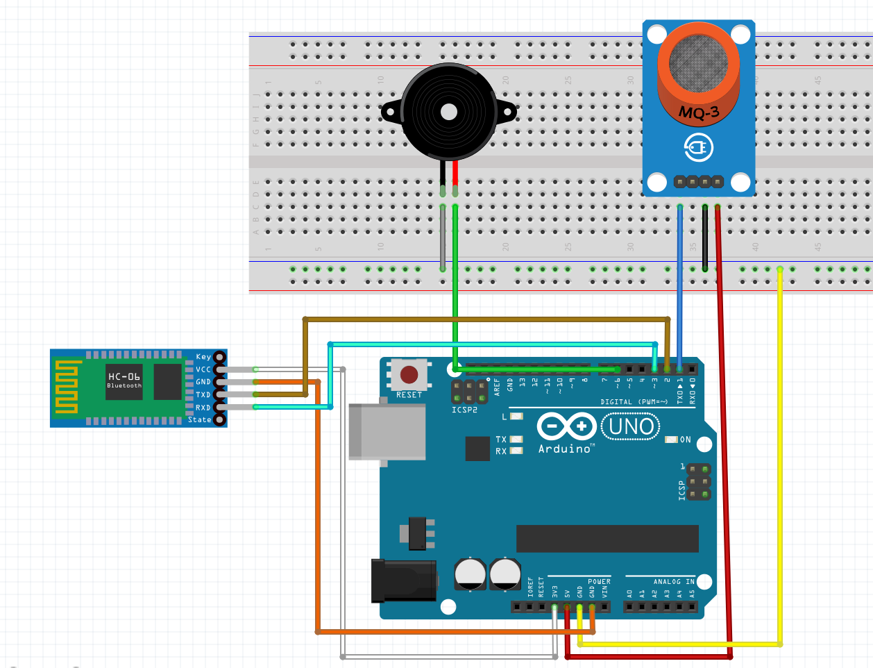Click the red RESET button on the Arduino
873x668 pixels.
click(409, 375)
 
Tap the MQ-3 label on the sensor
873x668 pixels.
click(699, 112)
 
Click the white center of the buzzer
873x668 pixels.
click(449, 112)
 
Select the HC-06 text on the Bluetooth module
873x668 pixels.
click(124, 376)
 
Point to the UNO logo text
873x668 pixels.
click(631, 426)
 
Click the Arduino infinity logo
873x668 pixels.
click(566, 426)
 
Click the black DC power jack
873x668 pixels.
click(404, 581)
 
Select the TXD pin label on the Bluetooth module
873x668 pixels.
click(203, 395)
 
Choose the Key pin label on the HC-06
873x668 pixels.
click(203, 357)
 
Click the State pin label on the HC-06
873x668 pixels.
click(199, 419)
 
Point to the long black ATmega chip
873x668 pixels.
click(607, 538)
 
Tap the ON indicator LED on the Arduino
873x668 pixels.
click(671, 440)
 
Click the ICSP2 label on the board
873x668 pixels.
click(464, 410)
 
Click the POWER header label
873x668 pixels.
click(599, 582)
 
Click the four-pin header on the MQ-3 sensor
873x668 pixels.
click(698, 182)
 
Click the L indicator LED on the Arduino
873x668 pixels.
click(516, 417)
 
